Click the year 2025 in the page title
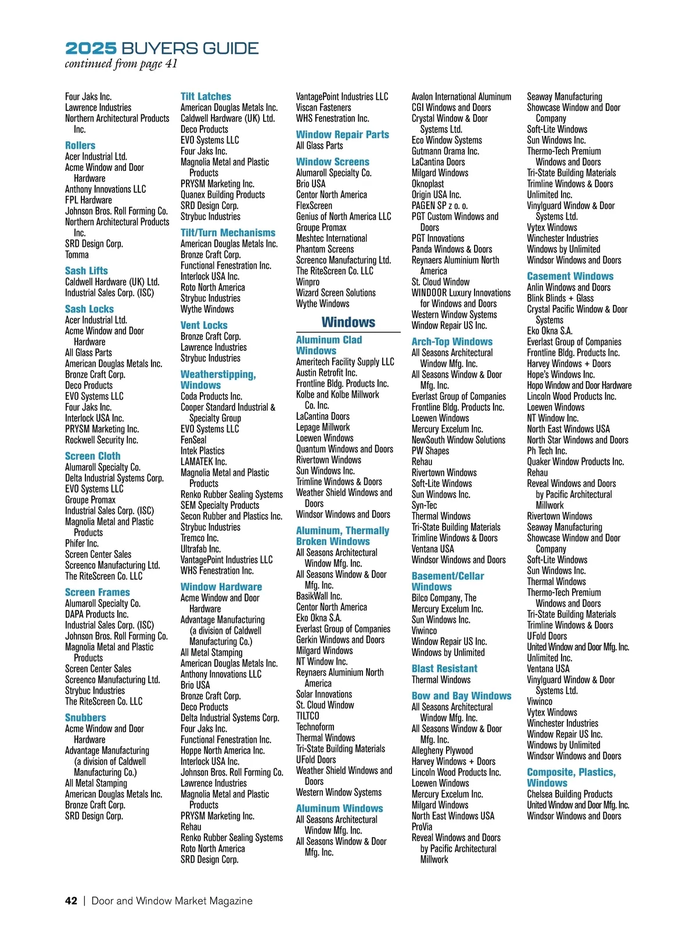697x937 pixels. (91, 48)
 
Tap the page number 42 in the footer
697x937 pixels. (71, 901)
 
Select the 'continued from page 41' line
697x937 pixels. (121, 64)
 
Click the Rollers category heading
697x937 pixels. (80, 145)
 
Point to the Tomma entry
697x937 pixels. (77, 254)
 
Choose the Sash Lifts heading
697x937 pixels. (87, 271)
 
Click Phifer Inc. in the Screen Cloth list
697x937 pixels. (82, 543)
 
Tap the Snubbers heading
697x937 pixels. (85, 717)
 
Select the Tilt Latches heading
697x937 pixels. (206, 96)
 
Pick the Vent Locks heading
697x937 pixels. (204, 325)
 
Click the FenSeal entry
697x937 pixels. (193, 440)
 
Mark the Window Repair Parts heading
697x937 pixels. (342, 134)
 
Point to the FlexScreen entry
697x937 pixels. (314, 206)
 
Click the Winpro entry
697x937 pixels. (308, 282)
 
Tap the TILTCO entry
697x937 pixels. (308, 716)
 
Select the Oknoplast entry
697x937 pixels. (427, 184)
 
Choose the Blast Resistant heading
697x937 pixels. (444, 669)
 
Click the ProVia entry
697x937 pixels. (422, 827)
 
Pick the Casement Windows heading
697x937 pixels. (570, 277)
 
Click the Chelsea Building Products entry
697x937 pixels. (569, 794)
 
